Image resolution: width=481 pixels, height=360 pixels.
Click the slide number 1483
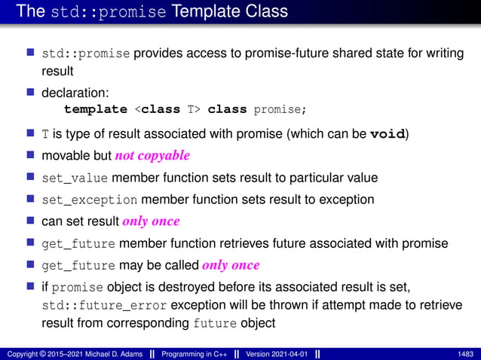click(466, 353)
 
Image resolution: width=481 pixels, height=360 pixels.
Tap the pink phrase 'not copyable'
click(152, 156)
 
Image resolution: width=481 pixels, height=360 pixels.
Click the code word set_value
click(74, 178)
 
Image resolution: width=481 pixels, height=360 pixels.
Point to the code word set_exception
click(89, 200)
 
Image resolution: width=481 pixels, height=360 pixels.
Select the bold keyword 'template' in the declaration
click(95, 109)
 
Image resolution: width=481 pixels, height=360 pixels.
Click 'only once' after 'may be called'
click(231, 265)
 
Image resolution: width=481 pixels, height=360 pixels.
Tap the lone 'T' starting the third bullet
click(45, 134)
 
